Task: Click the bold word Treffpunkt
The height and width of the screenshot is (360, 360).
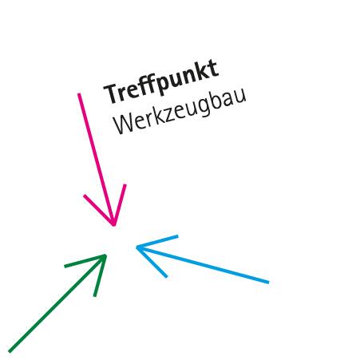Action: pyautogui.click(x=161, y=81)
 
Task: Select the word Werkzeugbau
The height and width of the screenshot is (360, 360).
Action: pyautogui.click(x=180, y=111)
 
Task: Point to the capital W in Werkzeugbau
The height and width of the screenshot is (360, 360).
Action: pyautogui.click(x=124, y=124)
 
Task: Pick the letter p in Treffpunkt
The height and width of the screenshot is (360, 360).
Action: pyautogui.click(x=163, y=84)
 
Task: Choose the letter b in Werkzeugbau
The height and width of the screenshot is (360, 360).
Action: pyautogui.click(x=219, y=98)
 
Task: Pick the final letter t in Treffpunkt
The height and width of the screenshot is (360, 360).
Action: pyautogui.click(x=214, y=68)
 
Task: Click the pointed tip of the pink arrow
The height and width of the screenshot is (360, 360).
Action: pyautogui.click(x=114, y=225)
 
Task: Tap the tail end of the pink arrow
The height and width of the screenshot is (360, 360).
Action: pyautogui.click(x=79, y=93)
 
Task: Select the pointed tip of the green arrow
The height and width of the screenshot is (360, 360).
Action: pyautogui.click(x=106, y=255)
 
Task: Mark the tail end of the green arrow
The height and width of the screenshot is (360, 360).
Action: pyautogui.click(x=10, y=352)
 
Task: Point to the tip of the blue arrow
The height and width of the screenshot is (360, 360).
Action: pyautogui.click(x=136, y=247)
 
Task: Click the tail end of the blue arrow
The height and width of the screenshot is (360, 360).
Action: pyautogui.click(x=269, y=283)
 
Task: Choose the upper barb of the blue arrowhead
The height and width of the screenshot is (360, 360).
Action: pyautogui.click(x=157, y=242)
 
